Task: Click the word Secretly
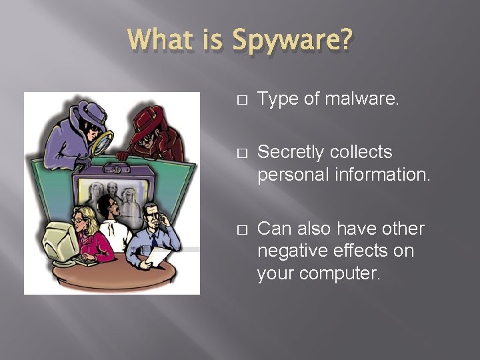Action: point(289,153)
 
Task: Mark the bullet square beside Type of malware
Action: point(241,101)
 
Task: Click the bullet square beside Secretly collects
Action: point(241,153)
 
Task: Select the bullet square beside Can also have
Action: point(241,230)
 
